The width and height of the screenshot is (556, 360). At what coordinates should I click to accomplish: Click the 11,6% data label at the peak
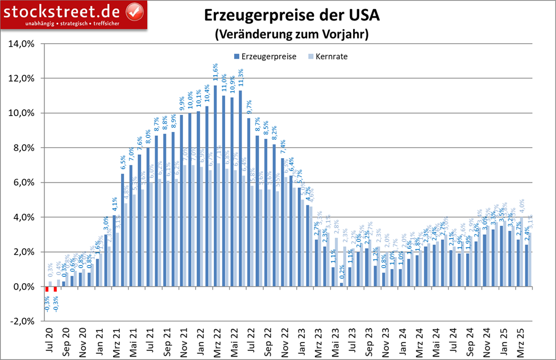coord(215,74)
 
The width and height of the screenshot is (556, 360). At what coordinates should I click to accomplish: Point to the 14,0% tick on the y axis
coord(23,44)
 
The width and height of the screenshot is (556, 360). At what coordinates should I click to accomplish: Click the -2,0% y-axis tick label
coord(22,321)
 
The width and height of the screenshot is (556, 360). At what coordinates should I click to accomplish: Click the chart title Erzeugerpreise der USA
coord(284,16)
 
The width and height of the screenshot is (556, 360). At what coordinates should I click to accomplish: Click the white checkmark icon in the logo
coord(133,10)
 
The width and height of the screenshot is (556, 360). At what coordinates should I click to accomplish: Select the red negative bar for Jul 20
coord(47,289)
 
